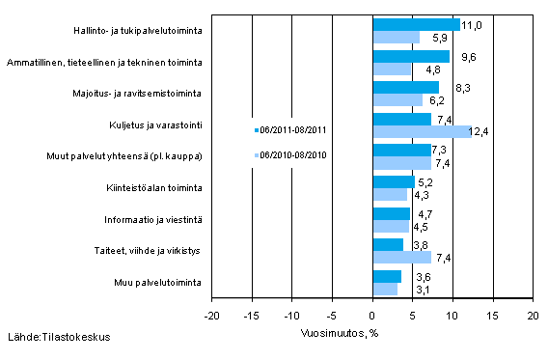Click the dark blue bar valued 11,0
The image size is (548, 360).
click(416, 24)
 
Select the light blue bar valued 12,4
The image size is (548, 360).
click(422, 131)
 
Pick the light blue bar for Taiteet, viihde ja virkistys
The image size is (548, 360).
click(401, 257)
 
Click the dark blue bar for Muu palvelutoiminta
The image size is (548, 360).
click(386, 276)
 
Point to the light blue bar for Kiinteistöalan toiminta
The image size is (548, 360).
click(389, 194)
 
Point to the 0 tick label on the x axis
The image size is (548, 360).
click(372, 316)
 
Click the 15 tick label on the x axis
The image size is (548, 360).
click(492, 316)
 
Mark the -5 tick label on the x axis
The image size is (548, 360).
click(331, 316)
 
